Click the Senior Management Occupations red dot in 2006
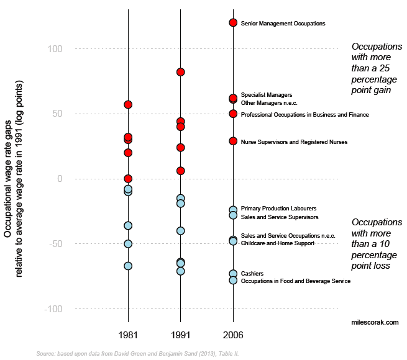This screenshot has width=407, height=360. pyautogui.click(x=233, y=23)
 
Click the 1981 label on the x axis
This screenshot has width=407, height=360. pyautogui.click(x=128, y=335)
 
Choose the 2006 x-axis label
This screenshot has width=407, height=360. pyautogui.click(x=233, y=335)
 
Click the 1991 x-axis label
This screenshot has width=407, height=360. pyautogui.click(x=180, y=335)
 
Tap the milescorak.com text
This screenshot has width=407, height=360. pyautogui.click(x=375, y=322)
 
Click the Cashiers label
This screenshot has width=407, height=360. pyautogui.click(x=252, y=274)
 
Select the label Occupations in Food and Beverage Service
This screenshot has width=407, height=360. pyautogui.click(x=295, y=281)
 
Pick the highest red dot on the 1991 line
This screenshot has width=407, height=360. pyautogui.click(x=180, y=72)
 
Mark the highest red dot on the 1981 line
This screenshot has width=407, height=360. pyautogui.click(x=128, y=104)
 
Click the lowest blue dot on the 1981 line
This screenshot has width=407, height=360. pyautogui.click(x=128, y=266)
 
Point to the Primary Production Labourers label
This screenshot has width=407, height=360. pyautogui.click(x=278, y=209)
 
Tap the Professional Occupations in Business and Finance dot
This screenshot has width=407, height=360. pyautogui.click(x=233, y=114)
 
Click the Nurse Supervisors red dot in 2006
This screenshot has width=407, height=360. pyautogui.click(x=233, y=141)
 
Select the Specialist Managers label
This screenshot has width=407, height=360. pyautogui.click(x=266, y=95)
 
